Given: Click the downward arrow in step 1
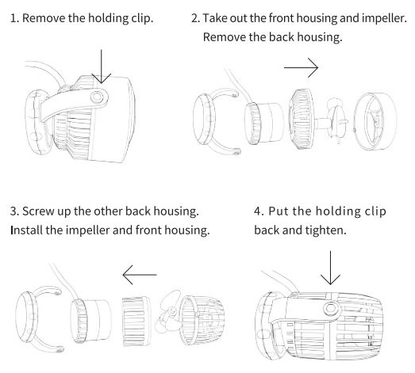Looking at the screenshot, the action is pos(101,67).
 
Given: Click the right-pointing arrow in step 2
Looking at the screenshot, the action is pos(301,67).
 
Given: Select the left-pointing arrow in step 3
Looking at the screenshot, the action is pos(140,275).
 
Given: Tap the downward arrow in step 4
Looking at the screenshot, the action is pos(330,268).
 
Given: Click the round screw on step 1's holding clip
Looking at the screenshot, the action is pos(97,97).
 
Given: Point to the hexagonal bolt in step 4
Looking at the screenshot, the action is pos(330,308).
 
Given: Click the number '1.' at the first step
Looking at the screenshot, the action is pos(15,18).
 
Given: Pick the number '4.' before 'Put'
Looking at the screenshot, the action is pos(259,211).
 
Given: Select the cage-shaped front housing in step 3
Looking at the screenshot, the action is pos(202,320).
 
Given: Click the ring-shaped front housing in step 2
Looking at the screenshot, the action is pos(375,121).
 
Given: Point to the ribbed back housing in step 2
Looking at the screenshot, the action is pos(301,119).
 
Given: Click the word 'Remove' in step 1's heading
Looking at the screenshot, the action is pos(44,18).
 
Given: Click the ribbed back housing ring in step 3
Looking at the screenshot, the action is pos(136,321).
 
